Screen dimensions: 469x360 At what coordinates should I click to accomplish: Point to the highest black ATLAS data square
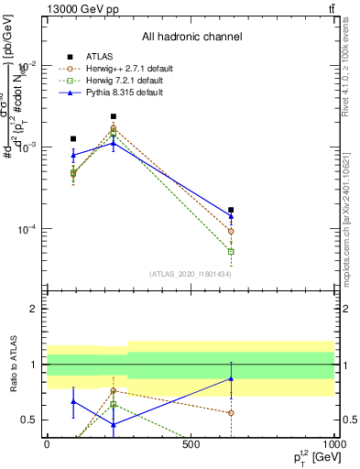pyautogui.click(x=113, y=116)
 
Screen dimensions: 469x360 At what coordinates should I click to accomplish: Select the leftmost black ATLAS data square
pyautogui.click(x=73, y=138)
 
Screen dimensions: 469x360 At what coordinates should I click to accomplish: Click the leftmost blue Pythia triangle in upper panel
pyautogui.click(x=73, y=155)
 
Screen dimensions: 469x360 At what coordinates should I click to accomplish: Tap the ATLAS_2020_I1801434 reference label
pyautogui.click(x=191, y=274)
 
